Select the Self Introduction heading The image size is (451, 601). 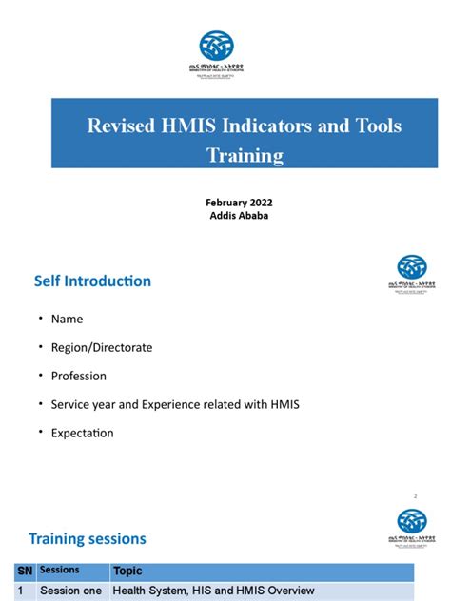92,281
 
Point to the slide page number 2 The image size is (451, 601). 416,496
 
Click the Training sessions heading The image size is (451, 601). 88,538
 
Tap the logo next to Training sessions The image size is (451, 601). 411,525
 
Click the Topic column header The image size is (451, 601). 127,572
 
